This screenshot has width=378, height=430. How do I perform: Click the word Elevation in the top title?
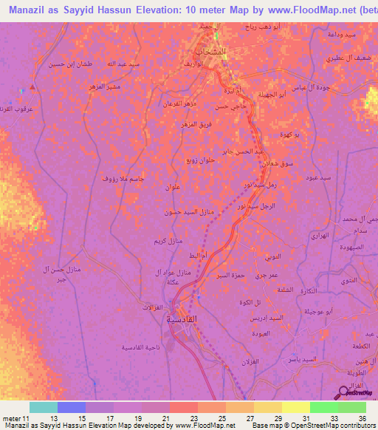176,11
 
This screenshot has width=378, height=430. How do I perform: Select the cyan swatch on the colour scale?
43,407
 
